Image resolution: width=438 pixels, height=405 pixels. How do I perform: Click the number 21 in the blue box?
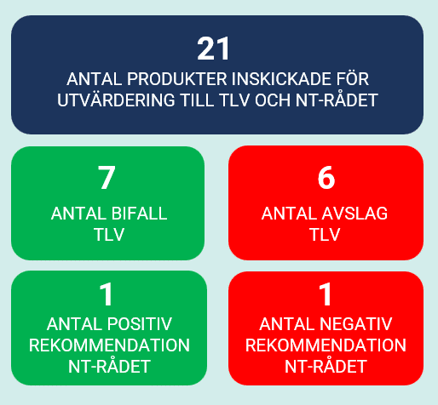pyautogui.click(x=213, y=48)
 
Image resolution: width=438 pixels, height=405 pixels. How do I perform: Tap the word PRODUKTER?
pyautogui.click(x=177, y=79)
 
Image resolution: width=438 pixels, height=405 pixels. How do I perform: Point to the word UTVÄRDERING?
pyautogui.click(x=116, y=100)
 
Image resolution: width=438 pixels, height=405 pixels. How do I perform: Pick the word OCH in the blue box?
pyautogui.click(x=273, y=100)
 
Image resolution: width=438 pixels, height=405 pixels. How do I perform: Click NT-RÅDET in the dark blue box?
pyautogui.click(x=337, y=100)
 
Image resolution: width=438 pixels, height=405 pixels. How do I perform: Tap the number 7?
pyautogui.click(x=107, y=178)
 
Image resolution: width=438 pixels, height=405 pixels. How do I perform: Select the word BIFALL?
pyautogui.click(x=139, y=214)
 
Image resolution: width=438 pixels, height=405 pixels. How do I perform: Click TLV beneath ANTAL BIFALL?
pyautogui.click(x=109, y=235)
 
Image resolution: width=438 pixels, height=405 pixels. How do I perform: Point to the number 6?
pyautogui.click(x=326, y=178)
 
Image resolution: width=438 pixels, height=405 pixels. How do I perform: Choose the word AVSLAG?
pyautogui.click(x=356, y=214)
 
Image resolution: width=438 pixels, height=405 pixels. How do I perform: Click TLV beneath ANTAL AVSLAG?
pyautogui.click(x=325, y=235)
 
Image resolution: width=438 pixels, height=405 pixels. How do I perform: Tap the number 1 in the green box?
pyautogui.click(x=107, y=294)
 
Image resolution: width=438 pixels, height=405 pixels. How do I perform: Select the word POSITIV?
pyautogui.click(x=140, y=324)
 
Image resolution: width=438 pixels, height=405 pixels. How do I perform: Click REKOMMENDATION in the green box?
pyautogui.click(x=109, y=345)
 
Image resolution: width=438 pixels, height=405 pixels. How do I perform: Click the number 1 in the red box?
pyautogui.click(x=326, y=294)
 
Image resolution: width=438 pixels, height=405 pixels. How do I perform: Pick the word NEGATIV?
pyautogui.click(x=358, y=324)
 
